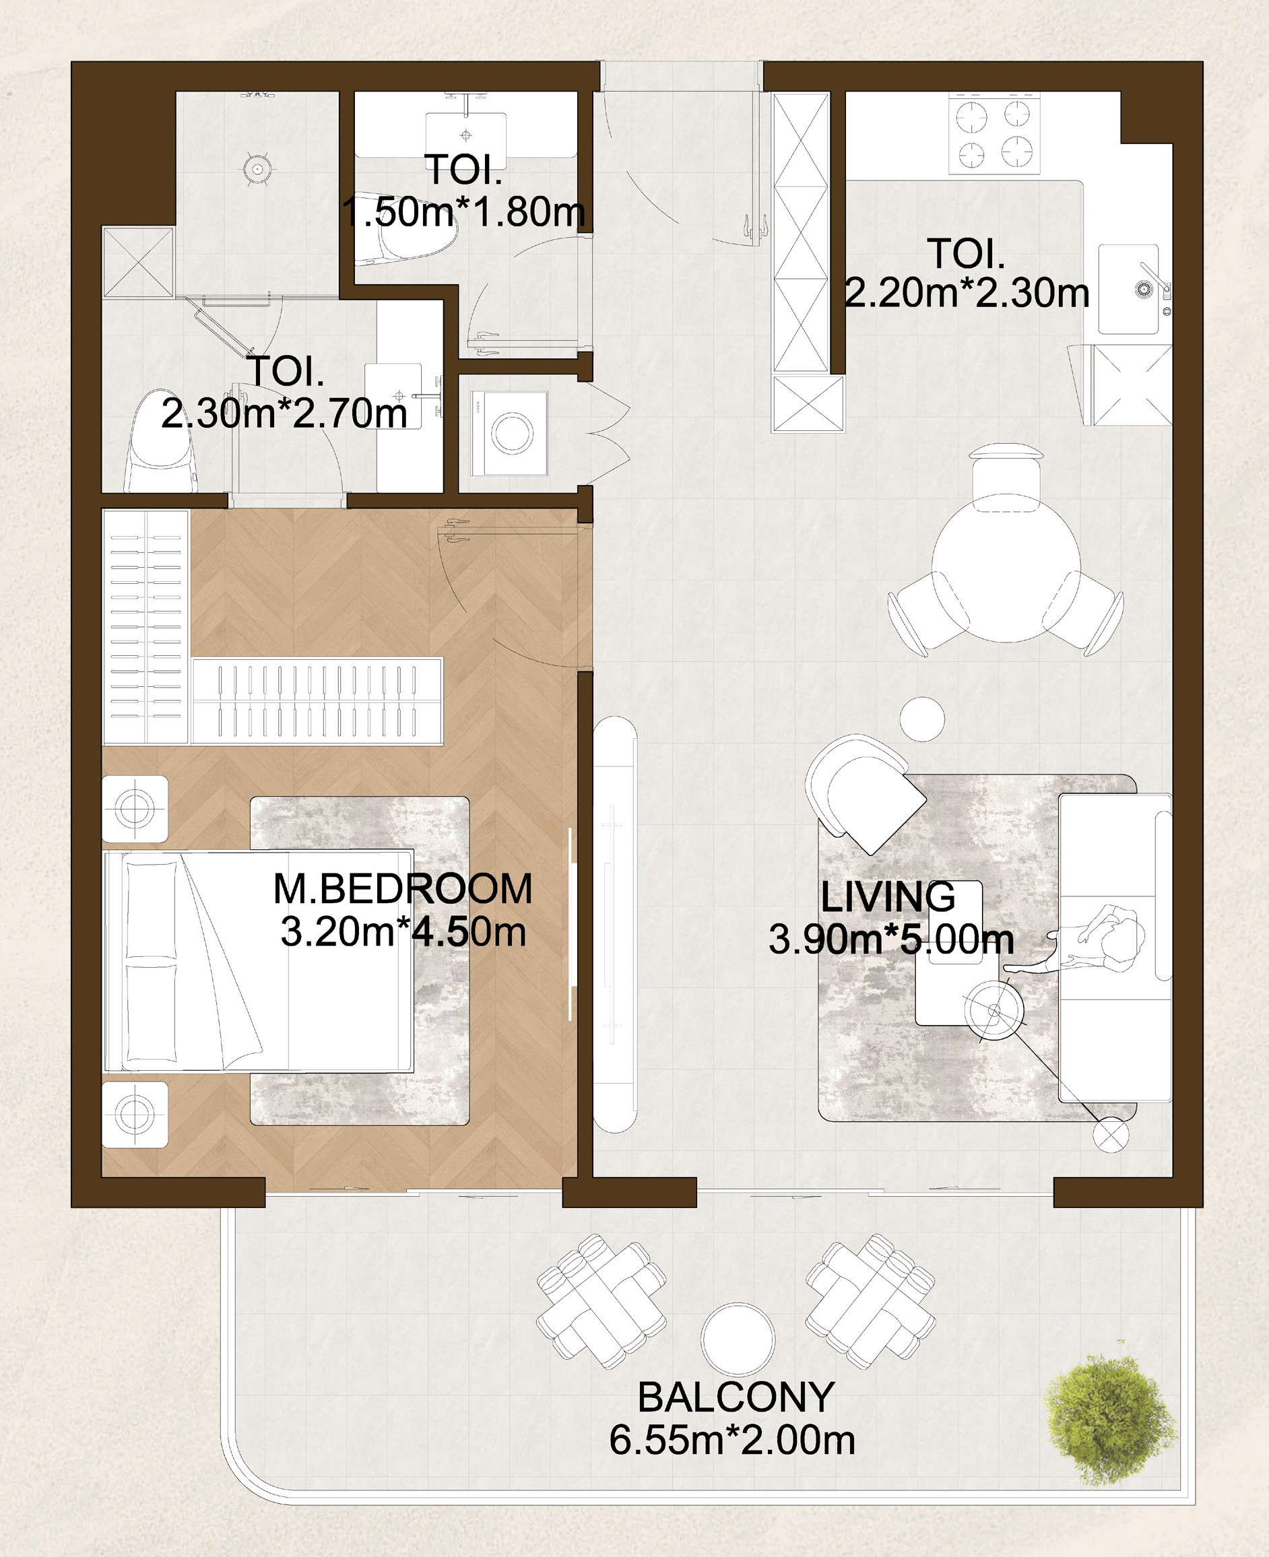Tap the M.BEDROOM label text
click(x=403, y=889)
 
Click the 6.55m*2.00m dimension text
click(x=732, y=1440)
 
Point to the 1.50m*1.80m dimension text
click(x=463, y=212)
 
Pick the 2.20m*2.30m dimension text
click(x=967, y=293)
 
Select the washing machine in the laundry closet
click(x=509, y=433)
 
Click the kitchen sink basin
click(x=1129, y=290)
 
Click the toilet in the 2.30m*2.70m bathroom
click(x=161, y=441)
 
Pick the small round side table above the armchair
click(x=923, y=719)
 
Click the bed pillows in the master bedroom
click(x=152, y=961)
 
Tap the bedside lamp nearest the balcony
click(x=135, y=1115)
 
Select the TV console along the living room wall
click(x=616, y=924)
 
